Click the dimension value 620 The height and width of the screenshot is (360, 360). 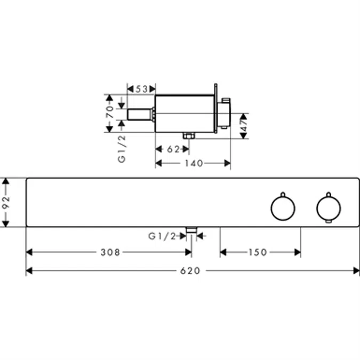click(190, 271)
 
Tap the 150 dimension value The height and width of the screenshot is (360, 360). click(257, 252)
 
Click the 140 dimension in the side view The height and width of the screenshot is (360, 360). click(194, 163)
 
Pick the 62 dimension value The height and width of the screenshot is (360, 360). click(172, 150)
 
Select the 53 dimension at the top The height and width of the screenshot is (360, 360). click(141, 89)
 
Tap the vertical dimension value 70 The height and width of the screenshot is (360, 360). click(109, 111)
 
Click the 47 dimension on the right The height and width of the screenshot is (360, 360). click(243, 126)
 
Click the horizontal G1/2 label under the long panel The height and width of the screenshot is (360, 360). click(162, 236)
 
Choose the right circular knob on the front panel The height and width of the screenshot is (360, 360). click(327, 208)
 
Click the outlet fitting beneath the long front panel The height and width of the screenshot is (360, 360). click(191, 231)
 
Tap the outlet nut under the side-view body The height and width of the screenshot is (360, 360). click(188, 136)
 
